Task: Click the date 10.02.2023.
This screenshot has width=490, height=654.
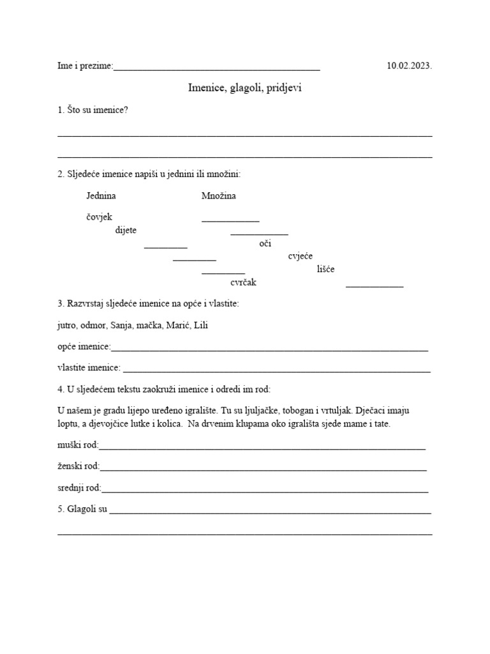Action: [409, 66]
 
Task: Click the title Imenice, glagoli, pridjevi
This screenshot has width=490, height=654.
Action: [244, 88]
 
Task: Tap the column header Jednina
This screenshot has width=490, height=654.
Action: [101, 196]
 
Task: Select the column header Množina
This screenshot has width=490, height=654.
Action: [218, 196]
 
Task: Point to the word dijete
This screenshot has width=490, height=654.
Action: [126, 231]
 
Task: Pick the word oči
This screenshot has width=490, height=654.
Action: [265, 243]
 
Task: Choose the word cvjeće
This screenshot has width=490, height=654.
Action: [301, 256]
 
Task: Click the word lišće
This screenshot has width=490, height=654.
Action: [325, 270]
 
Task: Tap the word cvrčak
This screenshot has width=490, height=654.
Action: [243, 282]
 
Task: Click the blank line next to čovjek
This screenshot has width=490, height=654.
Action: [230, 220]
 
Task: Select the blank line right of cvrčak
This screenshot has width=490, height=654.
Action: [375, 285]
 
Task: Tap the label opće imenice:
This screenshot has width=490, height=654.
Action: [84, 347]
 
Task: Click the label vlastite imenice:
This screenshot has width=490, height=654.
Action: [89, 367]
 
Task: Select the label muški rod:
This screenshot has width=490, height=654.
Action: [78, 445]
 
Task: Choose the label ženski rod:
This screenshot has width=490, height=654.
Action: [78, 466]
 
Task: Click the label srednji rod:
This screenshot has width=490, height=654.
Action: [79, 488]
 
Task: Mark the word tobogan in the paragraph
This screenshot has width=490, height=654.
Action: [298, 411]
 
